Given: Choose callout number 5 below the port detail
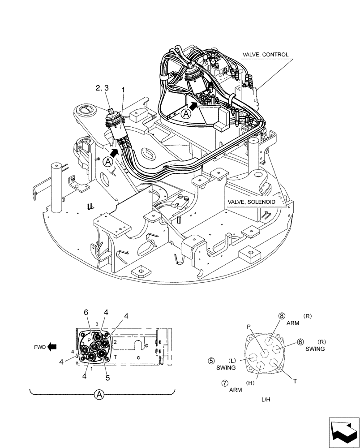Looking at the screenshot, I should pyautogui.click(x=108, y=377).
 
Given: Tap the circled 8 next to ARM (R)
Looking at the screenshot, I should pyautogui.click(x=281, y=316).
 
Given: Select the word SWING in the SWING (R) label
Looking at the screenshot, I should pyautogui.click(x=315, y=349).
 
